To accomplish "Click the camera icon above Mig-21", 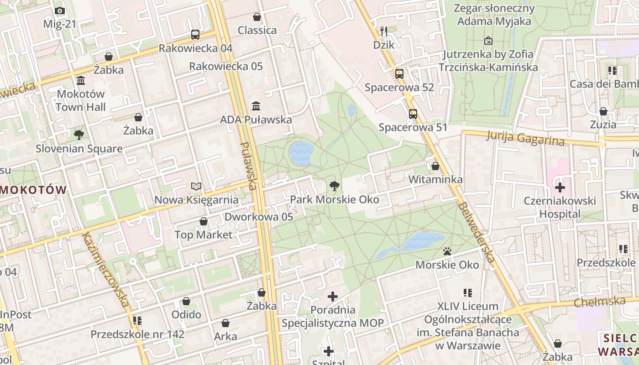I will click(x=59, y=11).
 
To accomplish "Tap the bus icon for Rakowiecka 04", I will click(x=195, y=34).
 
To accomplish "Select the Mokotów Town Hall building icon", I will click(x=81, y=81).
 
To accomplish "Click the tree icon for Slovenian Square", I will click(x=79, y=135).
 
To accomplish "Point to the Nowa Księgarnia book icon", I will click(x=196, y=186).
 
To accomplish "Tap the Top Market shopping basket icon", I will click(x=204, y=221).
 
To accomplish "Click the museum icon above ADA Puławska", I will click(x=256, y=106).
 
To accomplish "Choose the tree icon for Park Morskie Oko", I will click(x=334, y=186).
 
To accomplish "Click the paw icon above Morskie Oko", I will click(x=447, y=251).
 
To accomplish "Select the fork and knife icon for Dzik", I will click(x=384, y=31).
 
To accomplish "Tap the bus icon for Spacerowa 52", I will click(x=399, y=73).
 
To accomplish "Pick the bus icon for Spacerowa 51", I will click(x=413, y=114).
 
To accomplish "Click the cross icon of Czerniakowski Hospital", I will click(x=560, y=187).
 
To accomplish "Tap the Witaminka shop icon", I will click(x=435, y=166).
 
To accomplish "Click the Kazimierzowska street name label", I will click(x=105, y=269).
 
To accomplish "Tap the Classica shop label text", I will click(x=257, y=30).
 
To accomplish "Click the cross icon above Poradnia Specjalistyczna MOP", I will click(x=333, y=297).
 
